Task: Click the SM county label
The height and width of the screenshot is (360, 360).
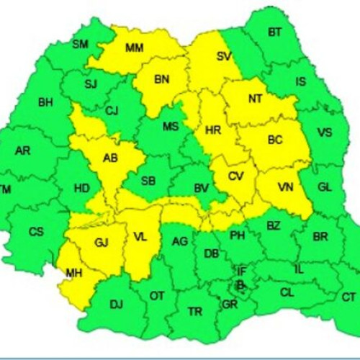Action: click(x=80, y=45)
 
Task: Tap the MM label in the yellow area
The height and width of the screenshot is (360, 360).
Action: click(x=134, y=48)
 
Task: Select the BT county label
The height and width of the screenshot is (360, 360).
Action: click(x=274, y=32)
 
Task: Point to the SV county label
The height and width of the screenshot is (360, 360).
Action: click(x=224, y=55)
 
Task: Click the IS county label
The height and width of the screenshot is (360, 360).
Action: click(x=301, y=81)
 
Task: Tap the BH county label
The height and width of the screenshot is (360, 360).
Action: click(x=46, y=102)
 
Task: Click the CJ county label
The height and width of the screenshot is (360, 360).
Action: click(x=112, y=110)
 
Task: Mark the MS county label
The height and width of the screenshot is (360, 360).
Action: click(x=170, y=127)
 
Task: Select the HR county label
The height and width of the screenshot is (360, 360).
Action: click(x=213, y=131)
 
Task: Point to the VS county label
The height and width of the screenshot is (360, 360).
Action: click(x=325, y=132)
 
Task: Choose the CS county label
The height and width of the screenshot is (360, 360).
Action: click(x=36, y=232)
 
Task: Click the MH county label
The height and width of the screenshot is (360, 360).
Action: click(x=74, y=274)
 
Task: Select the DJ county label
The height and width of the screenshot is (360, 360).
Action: click(x=116, y=304)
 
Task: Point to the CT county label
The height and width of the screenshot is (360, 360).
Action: click(x=348, y=296)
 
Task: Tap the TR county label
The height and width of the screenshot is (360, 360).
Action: click(x=194, y=311)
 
